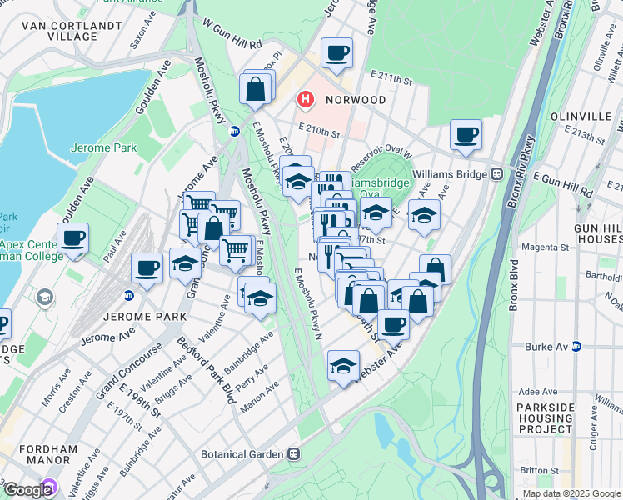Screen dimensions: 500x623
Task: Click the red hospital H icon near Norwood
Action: (306, 100)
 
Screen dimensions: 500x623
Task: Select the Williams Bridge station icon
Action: (496, 174)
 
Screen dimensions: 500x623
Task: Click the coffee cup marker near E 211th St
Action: (336, 54)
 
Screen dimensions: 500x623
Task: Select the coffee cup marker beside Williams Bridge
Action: (466, 134)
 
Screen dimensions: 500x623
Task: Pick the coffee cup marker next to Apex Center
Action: (72, 238)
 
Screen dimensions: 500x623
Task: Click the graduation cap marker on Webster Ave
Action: (343, 366)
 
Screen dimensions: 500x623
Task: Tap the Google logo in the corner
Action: (27, 490)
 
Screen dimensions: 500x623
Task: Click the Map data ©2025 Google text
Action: (571, 493)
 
